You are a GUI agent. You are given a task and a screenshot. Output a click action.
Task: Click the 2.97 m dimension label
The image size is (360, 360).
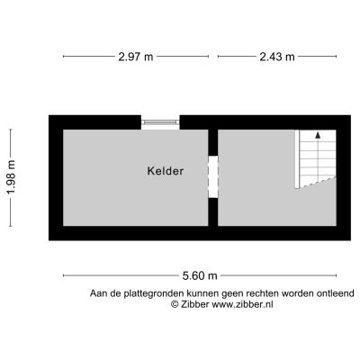coord(136,57)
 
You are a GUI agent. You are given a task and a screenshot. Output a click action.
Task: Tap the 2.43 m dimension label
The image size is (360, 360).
coord(277,57)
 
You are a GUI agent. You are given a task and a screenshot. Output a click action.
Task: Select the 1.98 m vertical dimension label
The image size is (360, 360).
coord(11,177)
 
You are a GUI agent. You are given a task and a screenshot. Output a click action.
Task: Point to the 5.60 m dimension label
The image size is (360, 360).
coord(200,275)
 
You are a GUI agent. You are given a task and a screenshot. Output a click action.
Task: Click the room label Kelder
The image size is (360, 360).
coord(166,171)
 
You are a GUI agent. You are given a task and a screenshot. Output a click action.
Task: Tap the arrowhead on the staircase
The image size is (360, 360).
coord(318,135)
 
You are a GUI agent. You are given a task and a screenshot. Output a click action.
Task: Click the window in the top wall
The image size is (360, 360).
coord(160,122)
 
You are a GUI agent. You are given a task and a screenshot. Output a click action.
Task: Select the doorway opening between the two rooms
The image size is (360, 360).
coord(213,176)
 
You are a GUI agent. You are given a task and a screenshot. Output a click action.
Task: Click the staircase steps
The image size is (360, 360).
coord(316,159)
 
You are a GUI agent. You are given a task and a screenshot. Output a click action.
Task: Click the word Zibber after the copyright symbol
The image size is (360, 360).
coord(194,304)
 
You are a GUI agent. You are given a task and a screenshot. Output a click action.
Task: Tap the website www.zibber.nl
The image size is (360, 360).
coord(243,304)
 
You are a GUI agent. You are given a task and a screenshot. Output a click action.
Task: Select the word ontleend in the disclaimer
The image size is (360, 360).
coord(336,293)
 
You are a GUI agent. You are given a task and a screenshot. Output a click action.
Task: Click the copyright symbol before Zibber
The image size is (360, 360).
coord(175,304)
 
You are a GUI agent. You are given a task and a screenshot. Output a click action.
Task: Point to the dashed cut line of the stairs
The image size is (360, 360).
coord(316,183)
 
